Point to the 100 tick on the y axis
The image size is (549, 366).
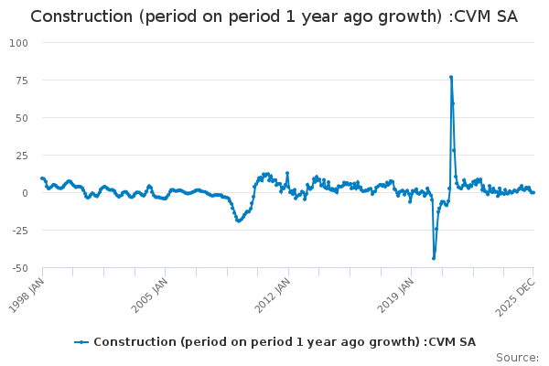pos(20,43)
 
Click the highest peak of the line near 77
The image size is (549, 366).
pos(451,77)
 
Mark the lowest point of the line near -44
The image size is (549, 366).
pos(434,259)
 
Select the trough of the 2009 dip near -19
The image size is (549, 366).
pos(238,221)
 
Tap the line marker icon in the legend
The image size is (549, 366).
pos(81,341)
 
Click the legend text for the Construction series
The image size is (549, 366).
pos(284,341)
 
